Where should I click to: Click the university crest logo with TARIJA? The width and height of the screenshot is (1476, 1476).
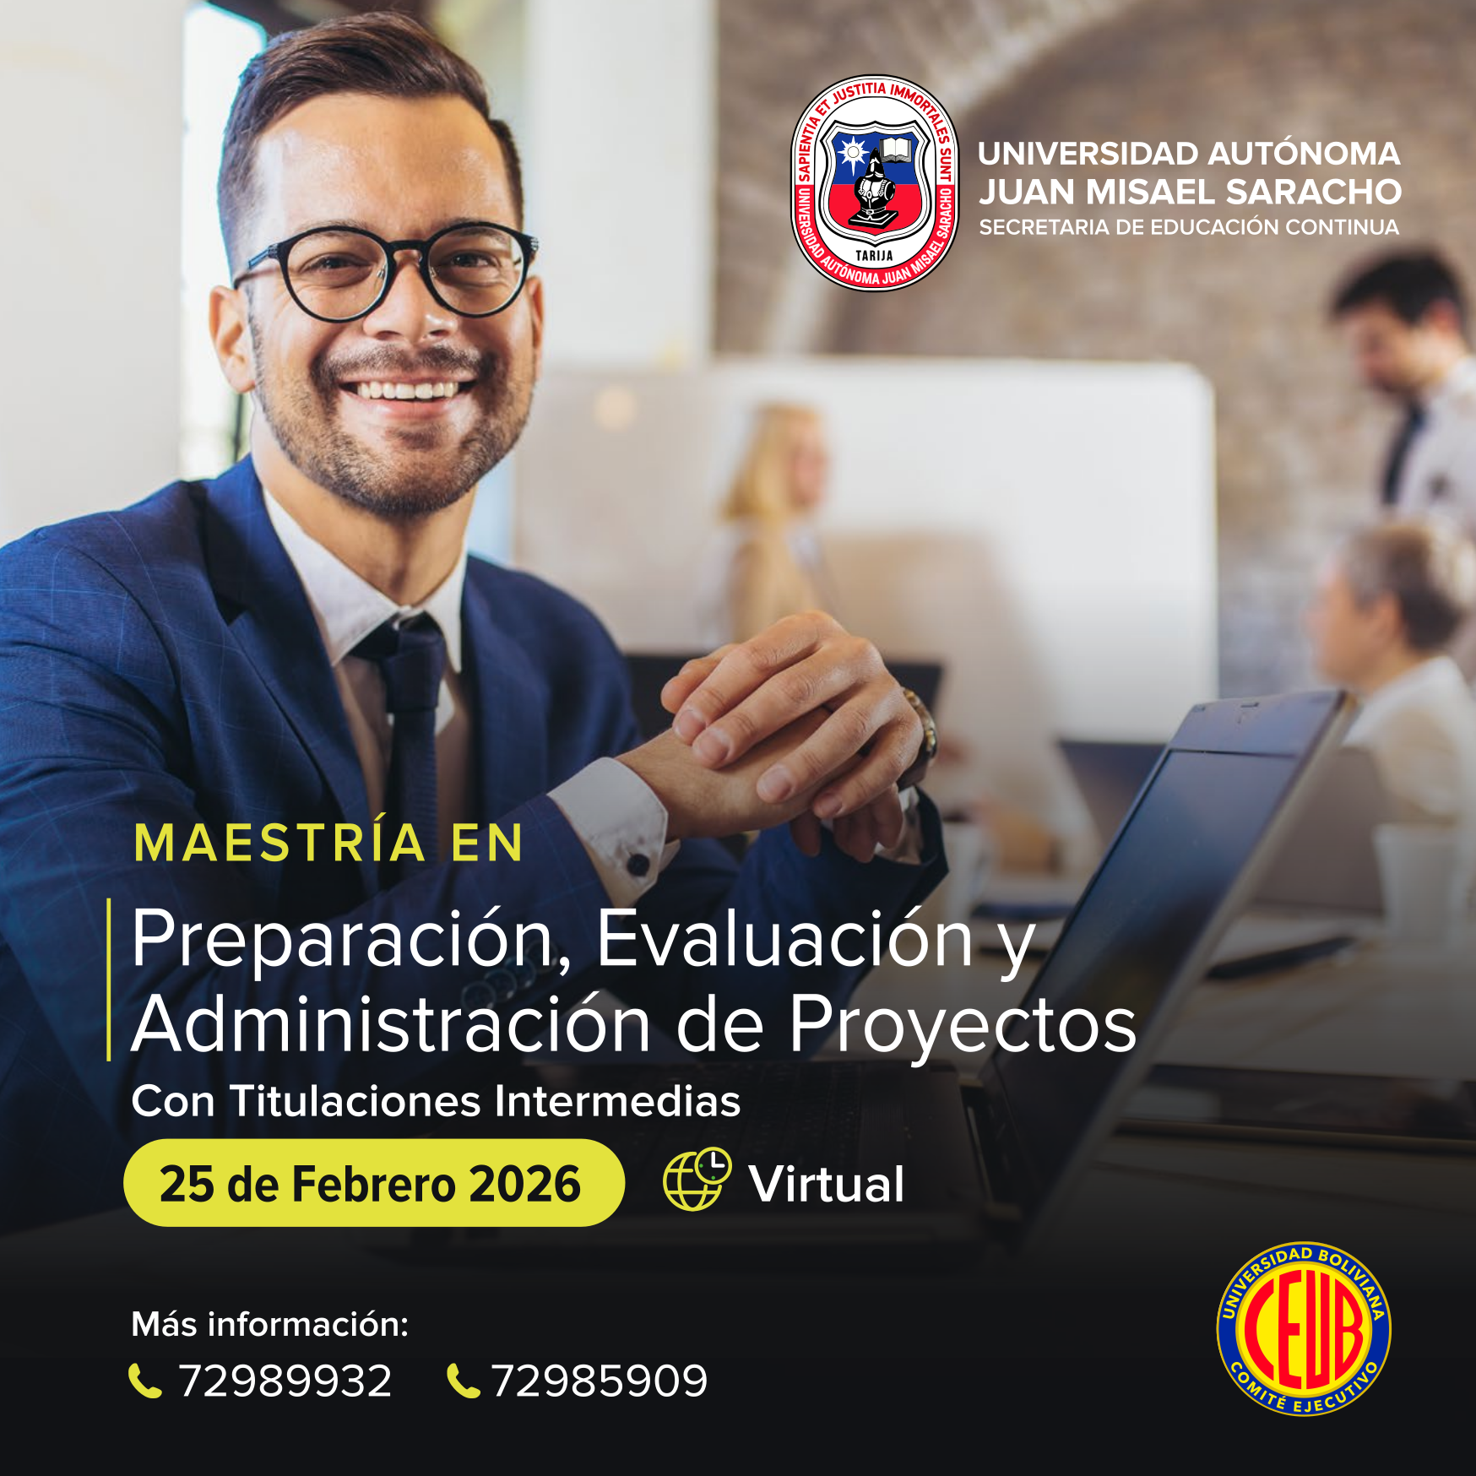click(x=875, y=182)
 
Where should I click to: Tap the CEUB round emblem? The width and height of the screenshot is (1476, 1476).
click(x=1304, y=1329)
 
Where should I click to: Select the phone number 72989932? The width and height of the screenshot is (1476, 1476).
click(x=285, y=1381)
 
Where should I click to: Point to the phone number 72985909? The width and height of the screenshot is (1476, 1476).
click(x=600, y=1381)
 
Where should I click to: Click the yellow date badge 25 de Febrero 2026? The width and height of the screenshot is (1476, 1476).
click(x=374, y=1183)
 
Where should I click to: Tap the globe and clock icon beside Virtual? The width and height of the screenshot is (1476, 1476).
click(x=697, y=1179)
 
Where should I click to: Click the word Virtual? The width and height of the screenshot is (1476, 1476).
click(x=827, y=1184)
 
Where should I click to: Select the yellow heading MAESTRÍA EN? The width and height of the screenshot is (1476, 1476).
click(x=329, y=843)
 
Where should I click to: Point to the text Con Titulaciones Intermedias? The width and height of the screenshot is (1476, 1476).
click(x=436, y=1101)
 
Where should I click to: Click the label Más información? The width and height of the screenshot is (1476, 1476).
click(x=270, y=1324)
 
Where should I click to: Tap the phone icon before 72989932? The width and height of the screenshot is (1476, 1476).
click(x=144, y=1381)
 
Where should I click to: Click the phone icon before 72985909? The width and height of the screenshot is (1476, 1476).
click(x=463, y=1381)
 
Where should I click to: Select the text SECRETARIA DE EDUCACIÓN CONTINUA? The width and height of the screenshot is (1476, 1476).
click(x=1189, y=227)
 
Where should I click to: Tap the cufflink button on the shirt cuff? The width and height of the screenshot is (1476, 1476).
click(x=638, y=864)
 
